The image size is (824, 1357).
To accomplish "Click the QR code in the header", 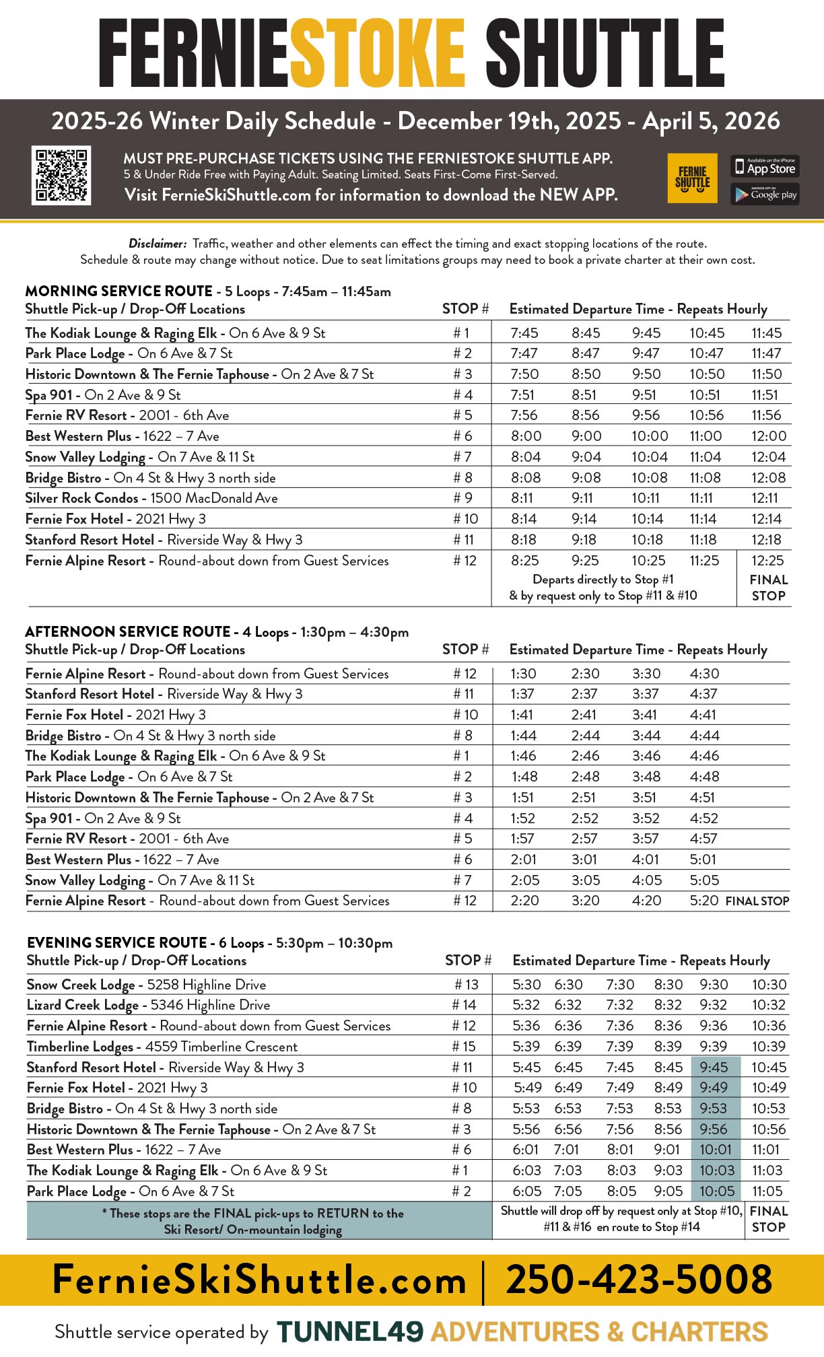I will coord(61,175).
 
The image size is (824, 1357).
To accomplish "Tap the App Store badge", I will coord(765,166).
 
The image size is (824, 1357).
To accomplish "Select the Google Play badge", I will coord(765,195).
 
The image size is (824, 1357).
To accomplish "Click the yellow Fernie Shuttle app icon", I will coord(692,178).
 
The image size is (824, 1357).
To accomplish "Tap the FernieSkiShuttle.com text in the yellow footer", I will coord(259,1280).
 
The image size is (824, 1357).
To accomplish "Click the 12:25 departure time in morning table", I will coord(767,561).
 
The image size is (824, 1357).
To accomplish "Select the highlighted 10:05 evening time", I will coord(716,1191).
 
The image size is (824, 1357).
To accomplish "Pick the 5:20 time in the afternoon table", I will coord(704,901).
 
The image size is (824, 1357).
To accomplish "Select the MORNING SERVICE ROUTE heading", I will coord(118,291).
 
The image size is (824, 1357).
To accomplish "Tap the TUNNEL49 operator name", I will coord(350,1331).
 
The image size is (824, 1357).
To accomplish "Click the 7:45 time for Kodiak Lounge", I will coord(524,333).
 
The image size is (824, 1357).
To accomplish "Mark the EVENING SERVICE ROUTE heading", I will coord(117,943).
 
